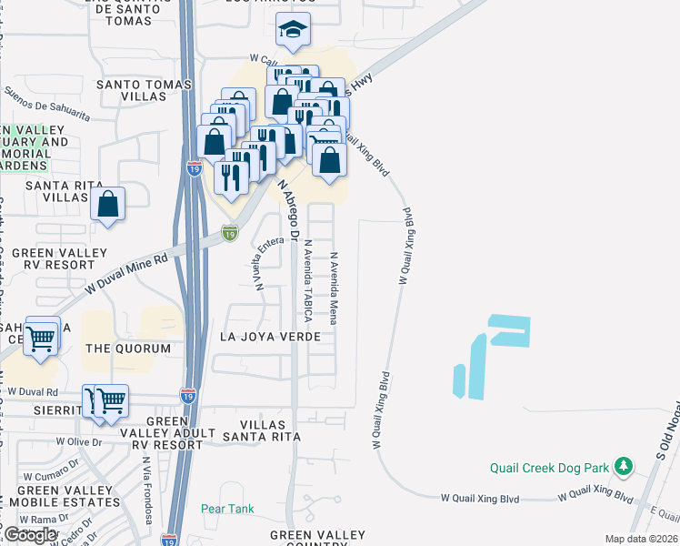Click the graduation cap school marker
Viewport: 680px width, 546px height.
[294, 32]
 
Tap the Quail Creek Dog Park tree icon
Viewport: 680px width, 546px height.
[623, 467]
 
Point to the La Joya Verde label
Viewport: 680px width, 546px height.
[270, 337]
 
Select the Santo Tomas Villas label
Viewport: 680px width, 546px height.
[145, 92]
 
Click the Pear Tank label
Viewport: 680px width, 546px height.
[227, 509]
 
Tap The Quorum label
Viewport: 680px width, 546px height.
[128, 349]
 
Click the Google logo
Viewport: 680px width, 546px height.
[31, 534]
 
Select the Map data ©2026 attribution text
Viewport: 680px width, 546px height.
[642, 539]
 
